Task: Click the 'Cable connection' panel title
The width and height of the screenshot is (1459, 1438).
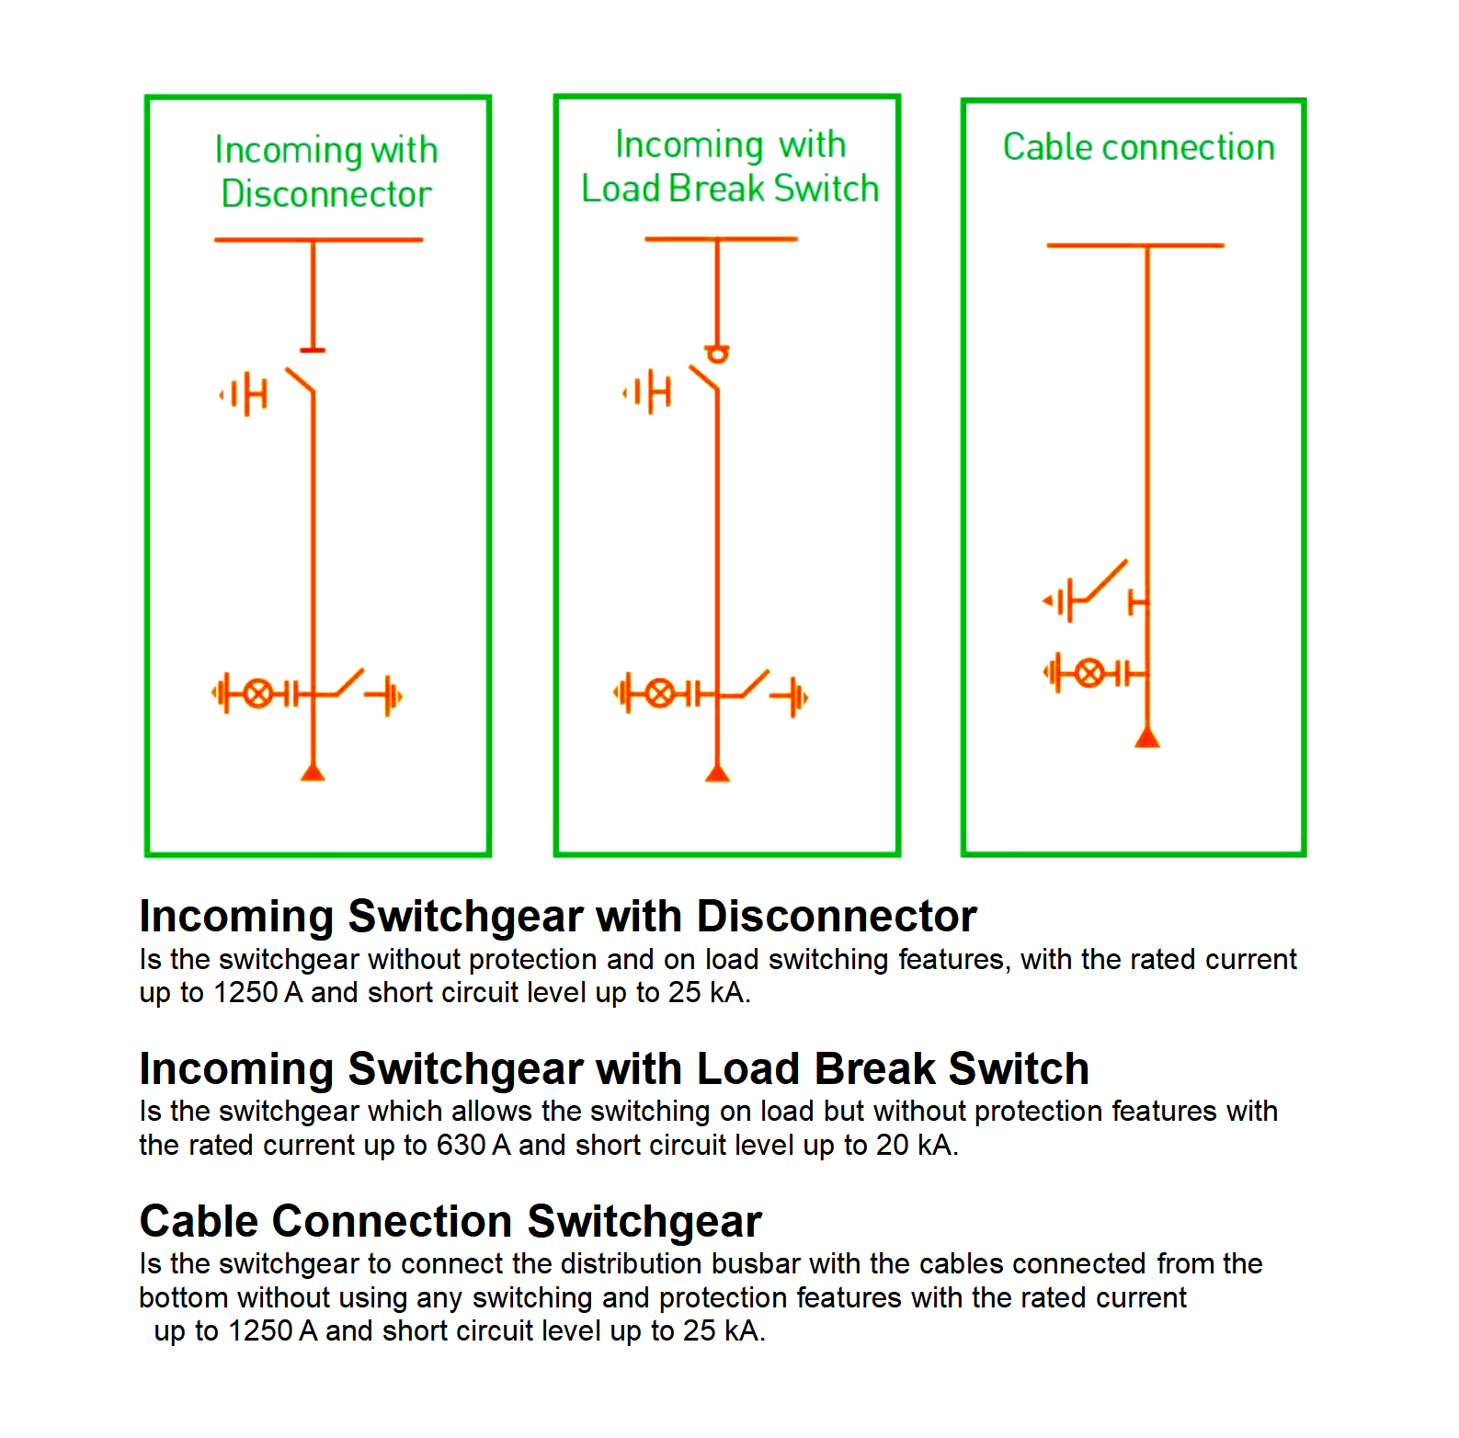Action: (x=1138, y=147)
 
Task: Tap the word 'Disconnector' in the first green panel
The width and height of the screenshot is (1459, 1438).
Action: (x=326, y=194)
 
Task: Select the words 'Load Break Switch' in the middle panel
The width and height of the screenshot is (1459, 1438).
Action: (x=730, y=188)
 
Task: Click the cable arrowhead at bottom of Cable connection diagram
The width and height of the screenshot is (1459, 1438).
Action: (x=1146, y=737)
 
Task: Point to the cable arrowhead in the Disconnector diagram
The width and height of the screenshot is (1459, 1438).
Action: (x=313, y=771)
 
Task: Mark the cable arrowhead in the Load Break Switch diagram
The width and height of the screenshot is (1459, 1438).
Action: (x=718, y=772)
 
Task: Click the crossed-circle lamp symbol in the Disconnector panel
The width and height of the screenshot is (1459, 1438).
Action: (x=258, y=693)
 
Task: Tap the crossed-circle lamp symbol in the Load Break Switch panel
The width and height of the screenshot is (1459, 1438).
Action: (x=659, y=693)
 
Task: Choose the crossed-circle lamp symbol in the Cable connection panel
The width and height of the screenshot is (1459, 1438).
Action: (x=1089, y=673)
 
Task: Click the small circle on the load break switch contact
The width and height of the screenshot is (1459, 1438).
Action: (x=717, y=354)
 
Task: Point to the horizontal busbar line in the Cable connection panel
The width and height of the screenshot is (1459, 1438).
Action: (x=1135, y=245)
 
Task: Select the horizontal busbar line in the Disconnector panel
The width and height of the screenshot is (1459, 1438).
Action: (x=318, y=240)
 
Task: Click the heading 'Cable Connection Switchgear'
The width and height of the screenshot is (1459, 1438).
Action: (x=450, y=1221)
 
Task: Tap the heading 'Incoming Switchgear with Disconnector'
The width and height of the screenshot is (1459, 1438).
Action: (x=557, y=916)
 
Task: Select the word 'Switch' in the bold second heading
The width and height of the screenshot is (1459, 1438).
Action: (x=1018, y=1068)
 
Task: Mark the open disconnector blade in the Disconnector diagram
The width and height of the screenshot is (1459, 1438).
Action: (x=300, y=381)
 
